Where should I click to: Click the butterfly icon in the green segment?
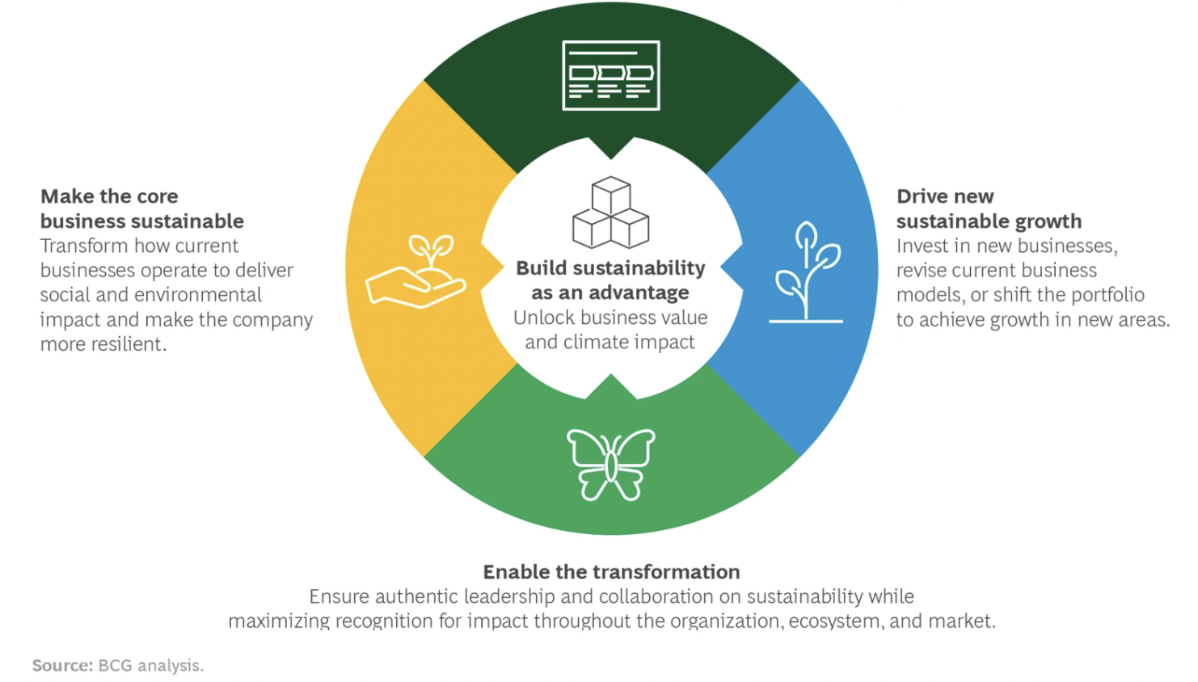tap(611, 464)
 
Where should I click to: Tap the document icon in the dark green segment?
tap(611, 75)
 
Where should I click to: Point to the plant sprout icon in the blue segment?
tap(806, 272)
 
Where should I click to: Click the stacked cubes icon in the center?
tap(611, 213)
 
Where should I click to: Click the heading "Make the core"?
tap(109, 196)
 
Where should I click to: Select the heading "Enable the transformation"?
tap(611, 572)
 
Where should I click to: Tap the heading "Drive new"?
tap(945, 196)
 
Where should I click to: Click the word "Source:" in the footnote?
tap(62, 666)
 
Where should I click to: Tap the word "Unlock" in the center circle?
tap(544, 318)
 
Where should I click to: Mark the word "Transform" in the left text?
tap(82, 246)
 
